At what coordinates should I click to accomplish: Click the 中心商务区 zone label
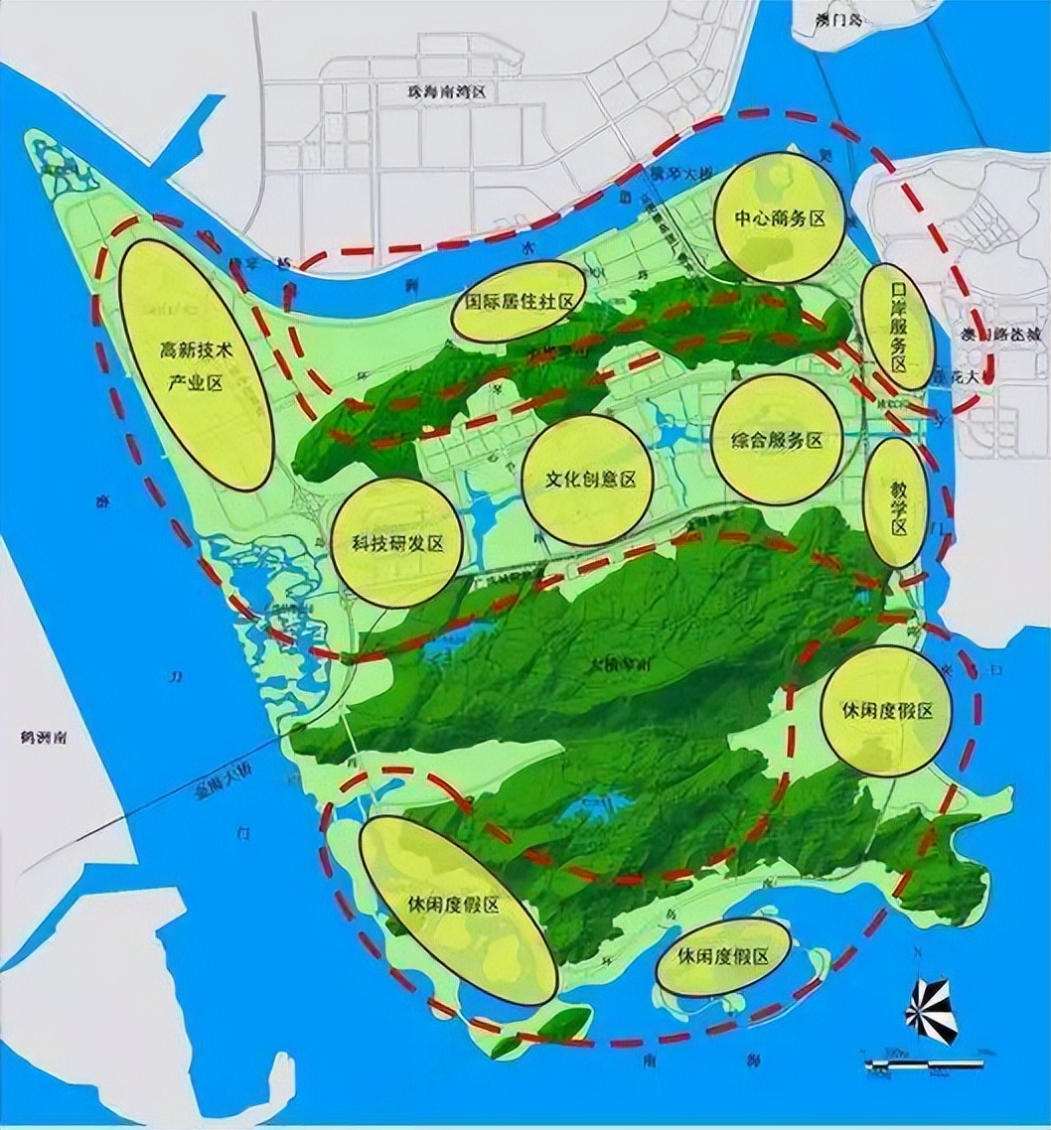(x=779, y=218)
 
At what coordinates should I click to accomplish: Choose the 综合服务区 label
(x=778, y=441)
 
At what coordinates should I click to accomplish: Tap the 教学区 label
(x=899, y=503)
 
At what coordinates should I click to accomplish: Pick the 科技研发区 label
(x=396, y=543)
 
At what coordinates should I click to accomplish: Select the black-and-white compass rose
(x=931, y=1010)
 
